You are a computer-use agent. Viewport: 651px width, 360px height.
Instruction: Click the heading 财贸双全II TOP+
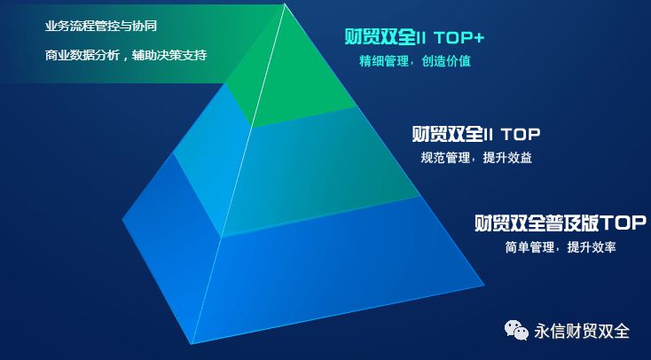414,38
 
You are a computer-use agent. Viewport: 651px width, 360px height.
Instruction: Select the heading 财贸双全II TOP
476,135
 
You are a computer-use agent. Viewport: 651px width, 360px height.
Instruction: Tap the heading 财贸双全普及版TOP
561,222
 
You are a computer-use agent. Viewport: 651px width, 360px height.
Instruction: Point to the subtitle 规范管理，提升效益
476,159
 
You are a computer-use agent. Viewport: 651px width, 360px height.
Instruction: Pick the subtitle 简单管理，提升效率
560,247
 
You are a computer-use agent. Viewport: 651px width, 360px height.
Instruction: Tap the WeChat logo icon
517,332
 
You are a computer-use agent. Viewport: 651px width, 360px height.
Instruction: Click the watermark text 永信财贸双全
581,332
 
